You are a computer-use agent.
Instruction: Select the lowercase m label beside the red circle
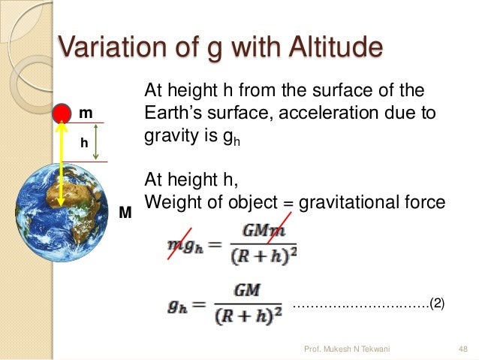[x=86, y=113]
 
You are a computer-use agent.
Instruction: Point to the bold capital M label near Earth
[x=125, y=214]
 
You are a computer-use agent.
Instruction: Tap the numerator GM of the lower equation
[x=247, y=289]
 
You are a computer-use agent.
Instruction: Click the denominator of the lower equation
[x=247, y=318]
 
